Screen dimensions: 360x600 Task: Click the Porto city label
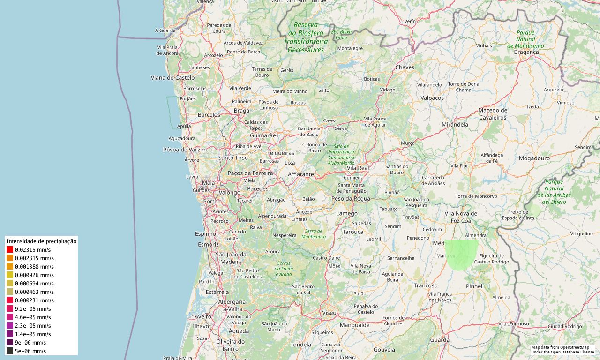pos(210,202)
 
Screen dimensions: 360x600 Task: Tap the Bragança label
pos(526,52)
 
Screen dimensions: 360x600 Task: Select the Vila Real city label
pos(358,168)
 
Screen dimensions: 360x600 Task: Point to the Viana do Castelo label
pos(172,78)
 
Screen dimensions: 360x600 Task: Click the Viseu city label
pos(329,313)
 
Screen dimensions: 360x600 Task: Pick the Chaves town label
pos(405,67)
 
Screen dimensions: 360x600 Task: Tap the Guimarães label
pos(264,135)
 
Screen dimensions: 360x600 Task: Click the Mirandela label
pos(455,125)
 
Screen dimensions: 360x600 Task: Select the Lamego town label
pos(347,214)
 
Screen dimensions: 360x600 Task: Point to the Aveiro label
pos(203,317)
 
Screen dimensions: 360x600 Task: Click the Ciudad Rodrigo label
pos(565,326)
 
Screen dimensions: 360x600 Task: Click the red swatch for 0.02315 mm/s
pos(10,250)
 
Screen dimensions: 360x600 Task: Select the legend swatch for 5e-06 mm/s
pos(10,351)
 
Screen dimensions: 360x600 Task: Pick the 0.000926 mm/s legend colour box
pos(10,275)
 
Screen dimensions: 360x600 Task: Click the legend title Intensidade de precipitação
pos(41,241)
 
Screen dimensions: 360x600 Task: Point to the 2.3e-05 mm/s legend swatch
pos(10,326)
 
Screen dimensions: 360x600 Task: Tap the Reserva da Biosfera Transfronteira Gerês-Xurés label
pos(306,37)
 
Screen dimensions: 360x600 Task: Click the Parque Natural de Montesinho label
pos(525,39)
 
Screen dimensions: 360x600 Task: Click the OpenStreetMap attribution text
pos(562,350)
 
